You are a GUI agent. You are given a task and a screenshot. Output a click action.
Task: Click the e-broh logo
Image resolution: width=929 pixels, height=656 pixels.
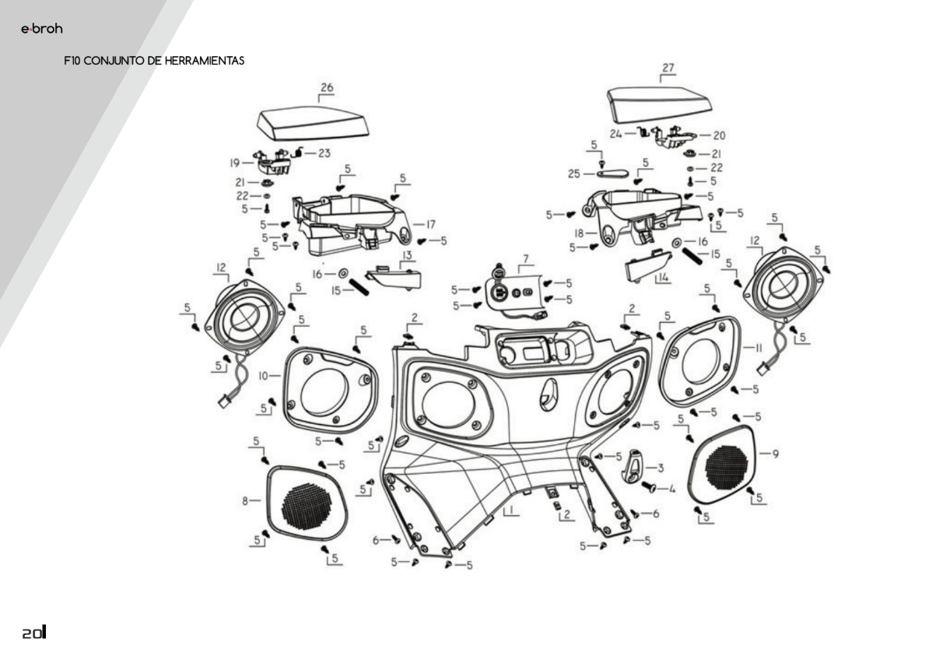point(41,30)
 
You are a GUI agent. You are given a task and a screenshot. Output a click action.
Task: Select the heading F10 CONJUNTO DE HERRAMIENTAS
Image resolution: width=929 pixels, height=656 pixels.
point(155,61)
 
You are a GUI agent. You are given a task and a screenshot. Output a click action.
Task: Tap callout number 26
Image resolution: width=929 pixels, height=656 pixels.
point(327,88)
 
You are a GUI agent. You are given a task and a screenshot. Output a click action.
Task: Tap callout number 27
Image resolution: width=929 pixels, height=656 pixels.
point(668,68)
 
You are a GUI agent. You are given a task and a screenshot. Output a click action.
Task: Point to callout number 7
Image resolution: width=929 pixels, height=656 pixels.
point(525,258)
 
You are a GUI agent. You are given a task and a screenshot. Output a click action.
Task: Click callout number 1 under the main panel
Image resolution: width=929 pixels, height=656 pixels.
point(510,511)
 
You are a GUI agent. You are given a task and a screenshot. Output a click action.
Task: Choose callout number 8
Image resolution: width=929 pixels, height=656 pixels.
point(245,501)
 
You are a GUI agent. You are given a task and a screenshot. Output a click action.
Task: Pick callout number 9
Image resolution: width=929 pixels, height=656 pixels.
point(775,453)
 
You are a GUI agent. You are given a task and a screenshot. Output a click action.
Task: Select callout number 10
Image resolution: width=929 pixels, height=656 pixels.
point(264,376)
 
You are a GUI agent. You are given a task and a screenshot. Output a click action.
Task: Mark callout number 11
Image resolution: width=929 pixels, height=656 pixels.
point(758,348)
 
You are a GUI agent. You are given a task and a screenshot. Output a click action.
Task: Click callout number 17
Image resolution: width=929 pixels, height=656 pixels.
point(429,223)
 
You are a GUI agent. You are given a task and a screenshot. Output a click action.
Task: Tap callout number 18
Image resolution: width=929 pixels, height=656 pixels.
point(580,233)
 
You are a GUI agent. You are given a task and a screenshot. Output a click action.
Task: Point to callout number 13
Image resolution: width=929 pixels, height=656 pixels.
point(407,255)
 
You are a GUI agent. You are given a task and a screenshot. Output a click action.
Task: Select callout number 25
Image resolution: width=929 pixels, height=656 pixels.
point(574,174)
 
